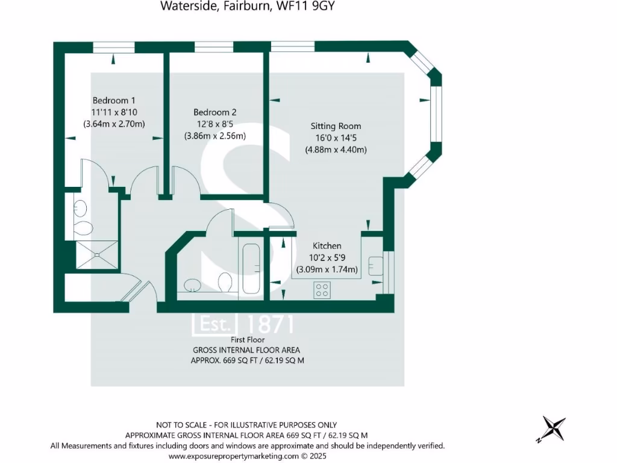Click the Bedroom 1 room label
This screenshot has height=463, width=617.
point(114,100)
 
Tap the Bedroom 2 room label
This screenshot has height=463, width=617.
point(215,112)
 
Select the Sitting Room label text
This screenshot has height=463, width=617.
point(336,126)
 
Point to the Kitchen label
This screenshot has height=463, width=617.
point(327,246)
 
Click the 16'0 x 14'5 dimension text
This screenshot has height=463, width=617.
point(336,138)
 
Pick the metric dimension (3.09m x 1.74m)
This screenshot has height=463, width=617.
point(327,269)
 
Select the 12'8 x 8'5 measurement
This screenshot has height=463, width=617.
point(215,124)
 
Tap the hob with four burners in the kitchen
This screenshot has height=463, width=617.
point(322,289)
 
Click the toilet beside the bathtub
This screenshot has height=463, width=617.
point(226,282)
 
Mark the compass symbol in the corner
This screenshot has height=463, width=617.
point(552,429)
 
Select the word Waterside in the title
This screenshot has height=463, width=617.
point(183,7)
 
